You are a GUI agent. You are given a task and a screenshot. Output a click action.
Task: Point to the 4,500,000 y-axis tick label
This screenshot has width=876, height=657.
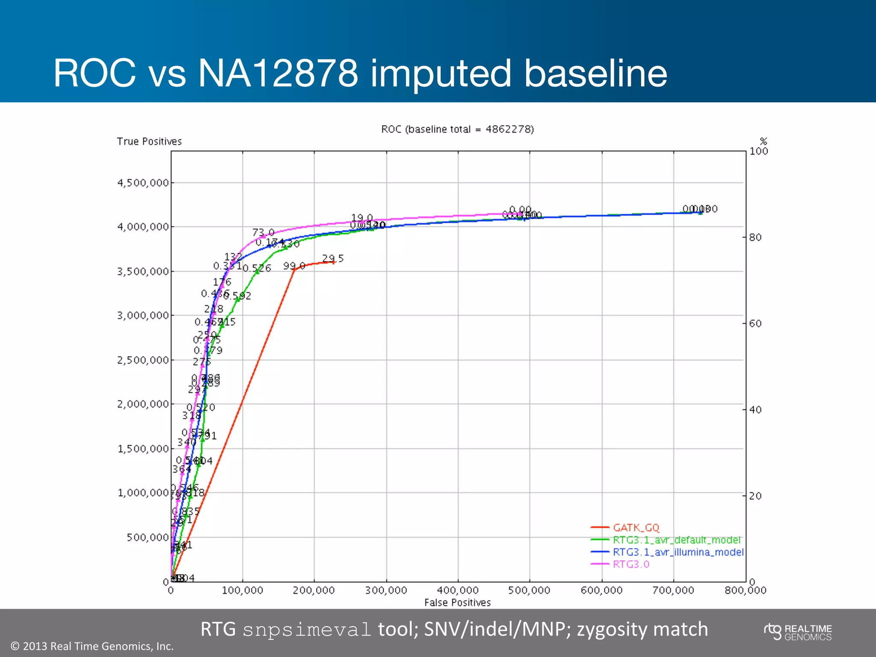tap(143, 183)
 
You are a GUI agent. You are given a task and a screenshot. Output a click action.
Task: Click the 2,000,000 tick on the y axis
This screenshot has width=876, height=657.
tap(143, 404)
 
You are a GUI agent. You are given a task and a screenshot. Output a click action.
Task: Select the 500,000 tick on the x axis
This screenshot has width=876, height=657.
tap(529, 591)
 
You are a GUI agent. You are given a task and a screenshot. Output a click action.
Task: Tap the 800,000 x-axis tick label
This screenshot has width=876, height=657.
tap(745, 591)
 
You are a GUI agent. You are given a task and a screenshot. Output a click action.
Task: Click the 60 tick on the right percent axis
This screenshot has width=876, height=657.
tap(755, 323)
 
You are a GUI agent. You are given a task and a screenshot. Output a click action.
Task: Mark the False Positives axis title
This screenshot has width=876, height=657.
tap(457, 603)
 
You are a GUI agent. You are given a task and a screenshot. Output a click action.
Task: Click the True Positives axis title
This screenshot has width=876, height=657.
tap(149, 142)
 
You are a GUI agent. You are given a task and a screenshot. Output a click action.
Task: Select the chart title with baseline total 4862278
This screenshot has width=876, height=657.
tap(457, 129)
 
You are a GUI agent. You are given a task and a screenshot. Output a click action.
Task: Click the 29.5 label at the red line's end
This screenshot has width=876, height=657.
tap(333, 258)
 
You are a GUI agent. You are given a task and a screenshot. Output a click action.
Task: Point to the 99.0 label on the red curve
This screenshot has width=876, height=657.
tap(294, 266)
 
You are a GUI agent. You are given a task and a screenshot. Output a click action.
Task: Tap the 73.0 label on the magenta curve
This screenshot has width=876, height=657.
tap(263, 232)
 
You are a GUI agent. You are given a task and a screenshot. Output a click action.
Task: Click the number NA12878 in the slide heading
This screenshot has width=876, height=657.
tap(278, 73)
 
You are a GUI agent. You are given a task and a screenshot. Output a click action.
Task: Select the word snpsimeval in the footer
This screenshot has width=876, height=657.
tap(307, 630)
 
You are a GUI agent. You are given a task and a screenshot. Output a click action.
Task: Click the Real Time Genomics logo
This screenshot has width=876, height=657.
tap(798, 632)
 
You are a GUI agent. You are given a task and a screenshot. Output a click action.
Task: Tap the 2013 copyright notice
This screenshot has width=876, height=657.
tap(92, 646)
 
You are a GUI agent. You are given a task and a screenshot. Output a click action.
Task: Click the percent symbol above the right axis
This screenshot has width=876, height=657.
tap(764, 141)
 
